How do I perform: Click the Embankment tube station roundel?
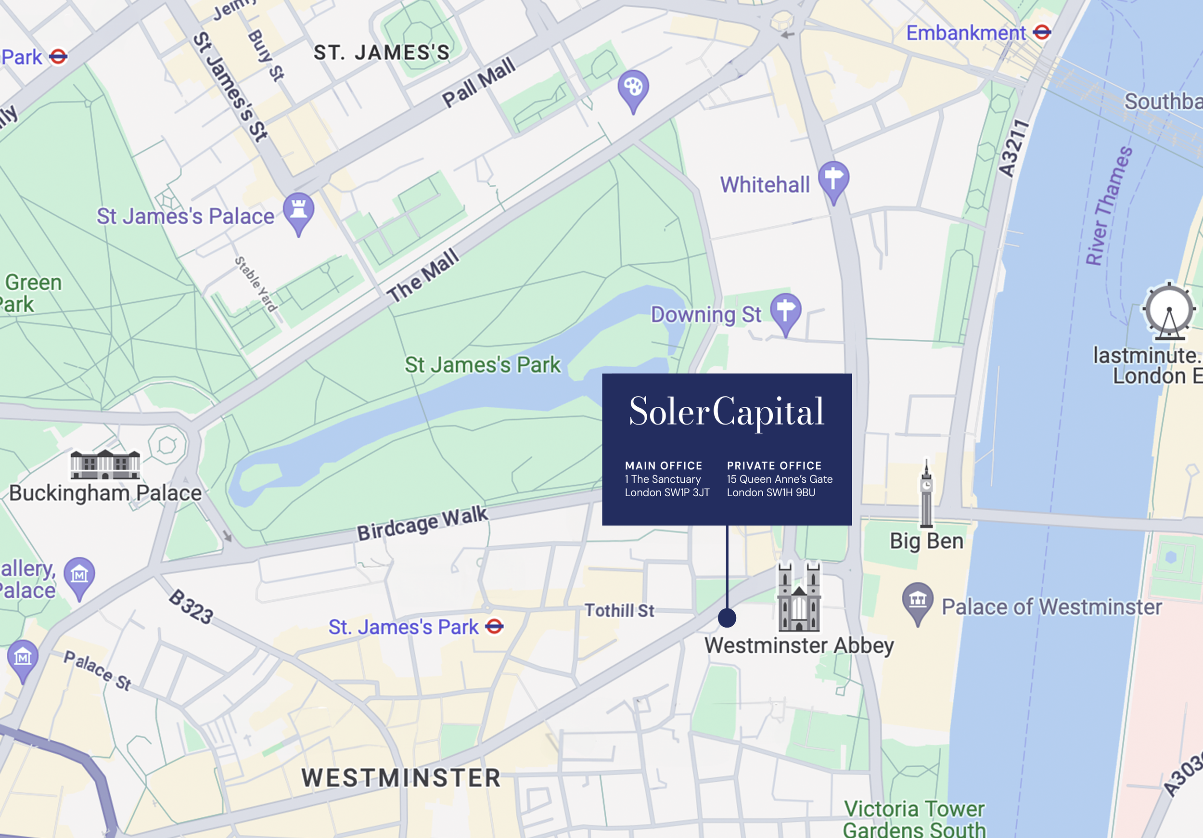pos(1042,33)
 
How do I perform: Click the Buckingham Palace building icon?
pos(105,465)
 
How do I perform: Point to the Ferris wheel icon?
pos(1169,311)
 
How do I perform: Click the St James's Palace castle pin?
pos(299,211)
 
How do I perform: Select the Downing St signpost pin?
pos(785,311)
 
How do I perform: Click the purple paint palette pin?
pos(633,88)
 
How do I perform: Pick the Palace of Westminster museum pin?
pos(918,600)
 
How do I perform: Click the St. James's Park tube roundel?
pos(494,626)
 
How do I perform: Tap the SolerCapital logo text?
pos(726,412)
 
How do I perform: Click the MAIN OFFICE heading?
pos(663,465)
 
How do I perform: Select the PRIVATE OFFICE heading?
pos(774,465)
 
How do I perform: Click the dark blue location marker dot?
pos(727,618)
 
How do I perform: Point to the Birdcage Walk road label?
pos(422,523)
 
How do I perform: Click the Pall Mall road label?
pos(478,83)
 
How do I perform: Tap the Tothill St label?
pos(619,610)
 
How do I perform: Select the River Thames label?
pos(1109,206)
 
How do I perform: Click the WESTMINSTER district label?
pos(401,778)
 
